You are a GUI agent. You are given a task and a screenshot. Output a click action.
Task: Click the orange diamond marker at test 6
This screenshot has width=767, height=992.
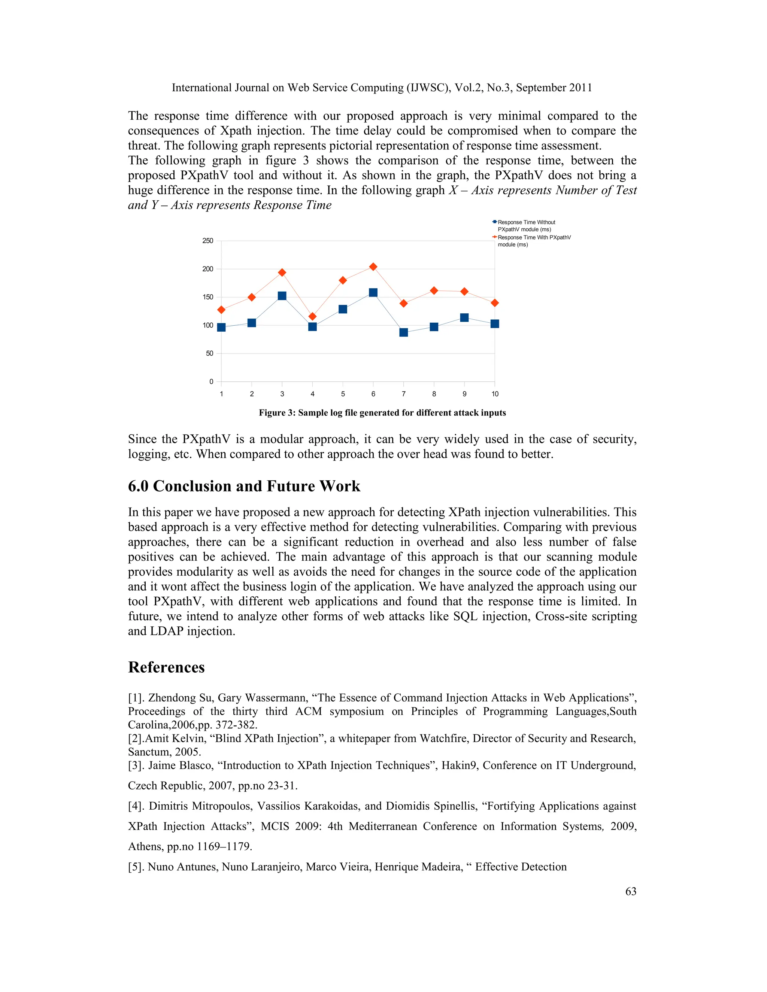tap(373, 267)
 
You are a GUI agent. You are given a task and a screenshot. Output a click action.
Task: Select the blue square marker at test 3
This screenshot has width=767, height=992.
tap(282, 296)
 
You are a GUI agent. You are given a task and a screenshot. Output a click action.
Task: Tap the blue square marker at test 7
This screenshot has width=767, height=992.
tap(403, 332)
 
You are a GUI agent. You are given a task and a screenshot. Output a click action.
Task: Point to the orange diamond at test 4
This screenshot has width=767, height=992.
tap(312, 316)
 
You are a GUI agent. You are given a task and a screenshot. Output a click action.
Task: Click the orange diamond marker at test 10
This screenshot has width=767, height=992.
tap(495, 302)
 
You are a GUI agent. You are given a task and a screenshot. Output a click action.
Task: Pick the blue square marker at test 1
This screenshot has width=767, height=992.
tap(221, 328)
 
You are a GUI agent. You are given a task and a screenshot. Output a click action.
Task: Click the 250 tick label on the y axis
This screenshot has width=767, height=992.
tap(207, 241)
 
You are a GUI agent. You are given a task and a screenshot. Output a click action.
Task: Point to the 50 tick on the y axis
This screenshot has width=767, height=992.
tap(209, 353)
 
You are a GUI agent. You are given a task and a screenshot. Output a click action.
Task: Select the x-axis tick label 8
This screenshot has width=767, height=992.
tap(434, 394)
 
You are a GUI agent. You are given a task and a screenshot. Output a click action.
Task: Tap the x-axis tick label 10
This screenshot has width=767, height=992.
tap(495, 394)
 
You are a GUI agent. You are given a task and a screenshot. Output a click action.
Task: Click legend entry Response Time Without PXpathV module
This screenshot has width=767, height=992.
tap(526, 226)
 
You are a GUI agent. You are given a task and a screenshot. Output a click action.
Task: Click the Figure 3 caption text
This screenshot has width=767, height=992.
tap(382, 413)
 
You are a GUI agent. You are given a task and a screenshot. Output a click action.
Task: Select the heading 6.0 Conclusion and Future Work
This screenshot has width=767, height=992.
tap(244, 486)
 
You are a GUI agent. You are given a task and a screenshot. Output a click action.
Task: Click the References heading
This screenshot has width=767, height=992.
tap(166, 667)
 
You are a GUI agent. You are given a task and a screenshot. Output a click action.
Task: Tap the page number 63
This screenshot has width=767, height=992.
tap(631, 891)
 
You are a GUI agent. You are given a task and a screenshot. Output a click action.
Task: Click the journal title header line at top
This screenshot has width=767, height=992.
tap(382, 88)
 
